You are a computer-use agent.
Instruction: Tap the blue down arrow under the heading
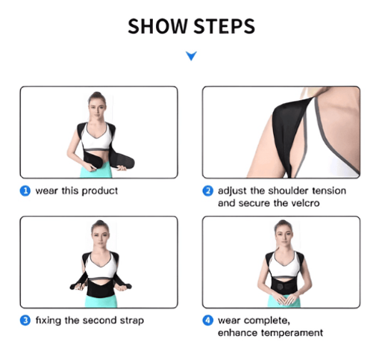click(x=191, y=55)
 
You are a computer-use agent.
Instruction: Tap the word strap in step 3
click(x=131, y=320)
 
